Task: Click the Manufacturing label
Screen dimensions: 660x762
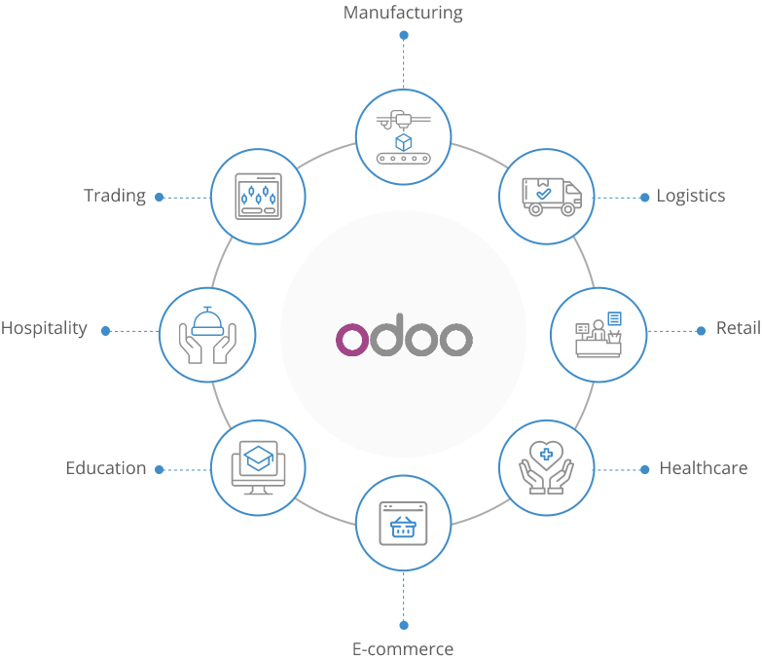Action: [403, 13]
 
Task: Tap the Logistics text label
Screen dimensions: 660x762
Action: [691, 196]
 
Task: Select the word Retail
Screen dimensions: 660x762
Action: [739, 328]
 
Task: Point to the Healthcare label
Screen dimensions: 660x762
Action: [704, 468]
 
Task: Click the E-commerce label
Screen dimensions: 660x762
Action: [403, 648]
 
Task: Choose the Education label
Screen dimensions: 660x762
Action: [106, 468]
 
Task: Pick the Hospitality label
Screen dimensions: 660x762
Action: [44, 328]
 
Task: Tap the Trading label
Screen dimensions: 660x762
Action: [115, 196]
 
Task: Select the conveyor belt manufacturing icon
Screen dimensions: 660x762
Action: [403, 137]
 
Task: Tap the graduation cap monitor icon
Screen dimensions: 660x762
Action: [258, 467]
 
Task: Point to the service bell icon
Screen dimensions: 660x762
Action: [207, 333]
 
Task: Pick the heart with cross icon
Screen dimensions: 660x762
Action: [546, 466]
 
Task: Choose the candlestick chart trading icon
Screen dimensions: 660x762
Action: [258, 196]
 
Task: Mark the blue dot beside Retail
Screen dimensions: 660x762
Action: [701, 331]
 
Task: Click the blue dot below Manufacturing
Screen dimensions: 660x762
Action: [404, 35]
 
